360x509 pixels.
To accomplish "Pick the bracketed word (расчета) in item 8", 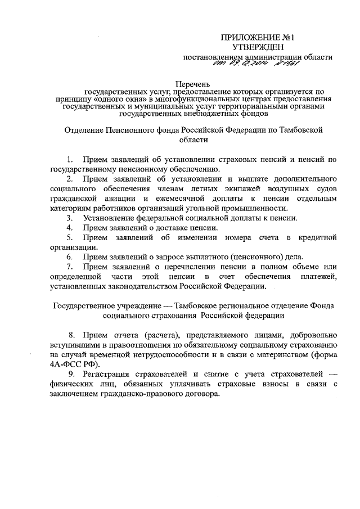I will pos(134,332).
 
